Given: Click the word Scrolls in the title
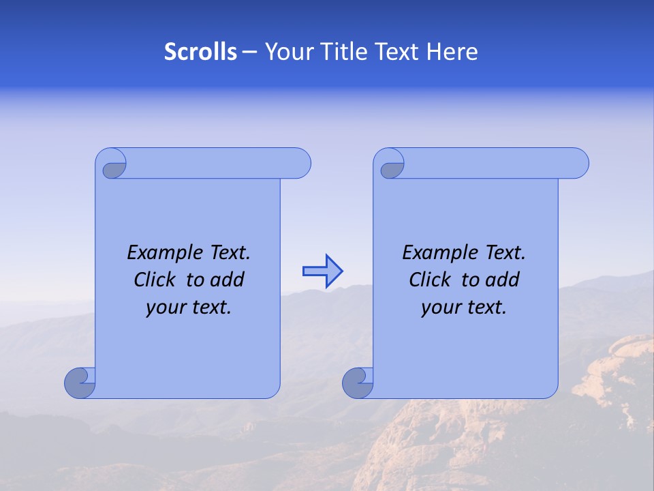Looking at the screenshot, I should (x=200, y=52).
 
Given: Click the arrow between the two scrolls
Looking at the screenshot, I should (x=322, y=271).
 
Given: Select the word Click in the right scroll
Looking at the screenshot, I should (x=429, y=280).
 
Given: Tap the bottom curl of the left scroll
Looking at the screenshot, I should (x=79, y=382).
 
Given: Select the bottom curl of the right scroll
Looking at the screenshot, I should (x=357, y=382).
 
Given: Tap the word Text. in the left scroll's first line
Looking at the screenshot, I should (x=228, y=253).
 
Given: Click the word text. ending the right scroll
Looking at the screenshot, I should (x=484, y=308).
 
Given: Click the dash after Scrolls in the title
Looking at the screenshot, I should (x=249, y=52).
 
